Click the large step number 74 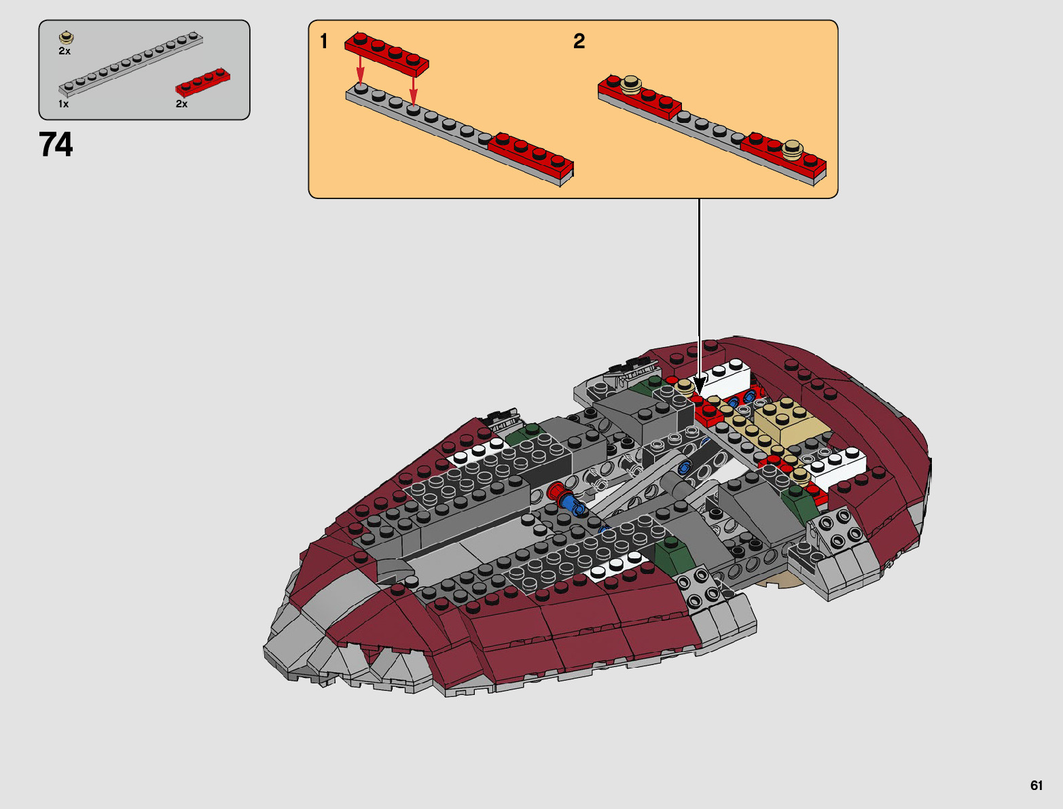56,145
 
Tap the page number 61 1036,785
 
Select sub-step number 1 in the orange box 324,41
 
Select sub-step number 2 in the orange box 579,41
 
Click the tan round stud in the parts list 66,37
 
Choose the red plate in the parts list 202,82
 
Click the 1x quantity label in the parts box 63,104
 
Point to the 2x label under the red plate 181,104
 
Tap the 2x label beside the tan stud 65,51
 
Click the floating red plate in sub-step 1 386,53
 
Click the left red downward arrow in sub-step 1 360,69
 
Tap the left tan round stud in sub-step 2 632,84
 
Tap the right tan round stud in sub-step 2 792,148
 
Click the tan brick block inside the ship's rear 788,420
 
